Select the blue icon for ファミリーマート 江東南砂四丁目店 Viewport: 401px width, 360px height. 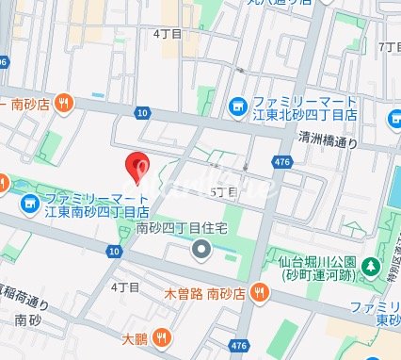click(x=30, y=203)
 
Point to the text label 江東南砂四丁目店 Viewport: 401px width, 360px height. click(x=97, y=211)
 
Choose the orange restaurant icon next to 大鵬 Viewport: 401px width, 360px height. click(x=164, y=335)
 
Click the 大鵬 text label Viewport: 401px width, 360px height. click(x=135, y=336)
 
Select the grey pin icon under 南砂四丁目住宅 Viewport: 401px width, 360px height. click(x=200, y=250)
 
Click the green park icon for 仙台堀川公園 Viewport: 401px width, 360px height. click(x=373, y=267)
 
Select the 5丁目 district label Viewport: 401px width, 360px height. click(x=223, y=190)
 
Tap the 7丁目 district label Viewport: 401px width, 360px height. click(x=388, y=47)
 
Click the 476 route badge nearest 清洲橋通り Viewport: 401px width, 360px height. click(x=281, y=163)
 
